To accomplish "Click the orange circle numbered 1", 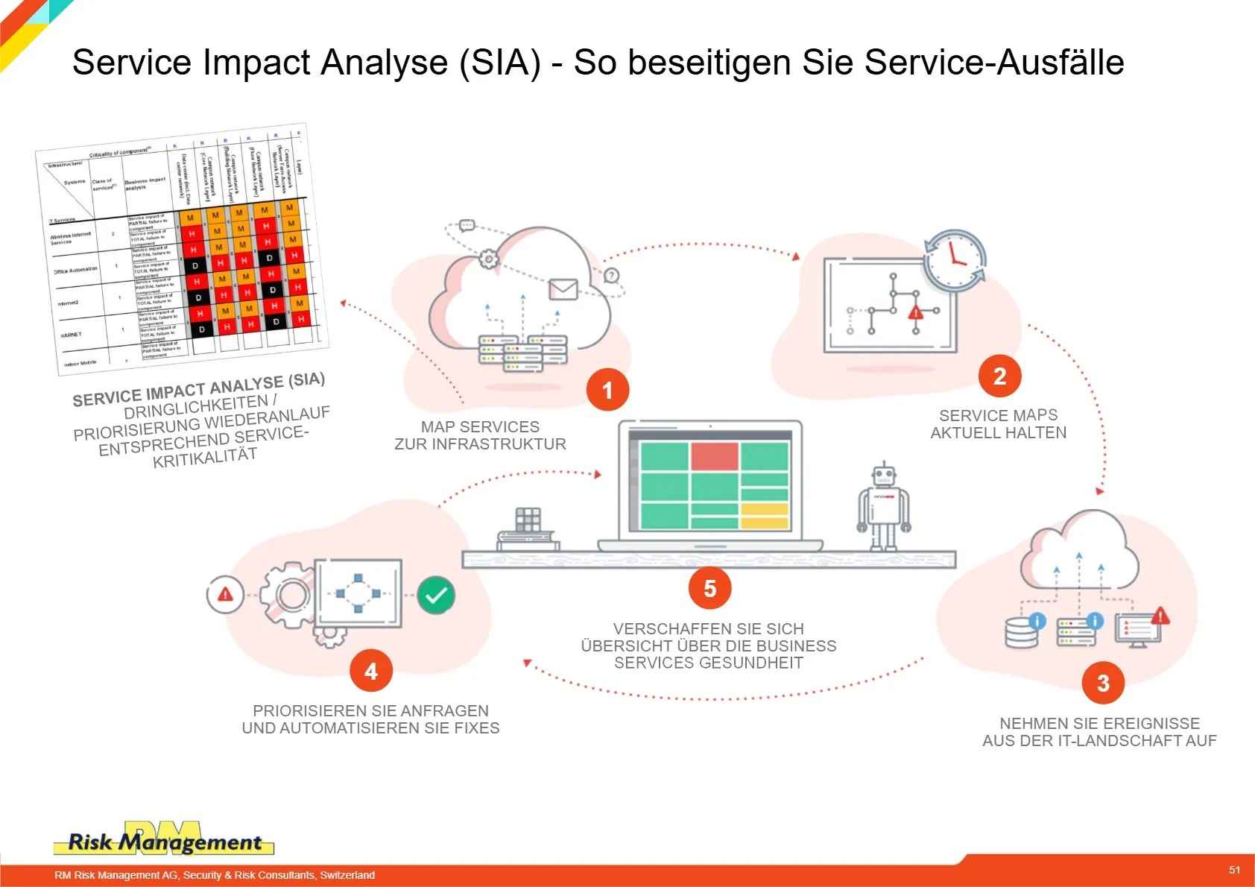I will pos(607,390).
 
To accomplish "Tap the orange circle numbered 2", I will pos(999,376).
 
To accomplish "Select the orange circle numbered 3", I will pos(1103,683).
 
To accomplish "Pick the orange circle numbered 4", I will pos(370,672).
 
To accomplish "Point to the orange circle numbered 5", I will pos(709,588).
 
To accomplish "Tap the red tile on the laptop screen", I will pos(714,456).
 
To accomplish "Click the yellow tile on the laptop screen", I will pos(764,515).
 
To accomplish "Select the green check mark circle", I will pos(436,595).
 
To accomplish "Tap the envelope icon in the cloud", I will pos(563,289).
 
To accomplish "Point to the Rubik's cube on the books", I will pos(528,520).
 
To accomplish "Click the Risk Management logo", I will pos(164,841).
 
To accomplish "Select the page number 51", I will pos(1235,870).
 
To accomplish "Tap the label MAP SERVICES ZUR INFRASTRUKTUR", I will pos(480,435).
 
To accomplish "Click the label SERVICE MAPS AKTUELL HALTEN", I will pos(998,424).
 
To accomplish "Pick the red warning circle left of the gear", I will pos(224,594).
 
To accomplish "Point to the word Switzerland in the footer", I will pos(347,875).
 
